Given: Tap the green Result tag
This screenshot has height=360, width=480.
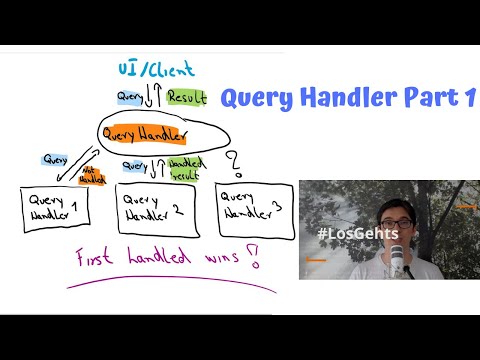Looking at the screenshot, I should tap(186, 98).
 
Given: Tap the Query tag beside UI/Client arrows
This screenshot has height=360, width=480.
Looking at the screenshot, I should tap(129, 97).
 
